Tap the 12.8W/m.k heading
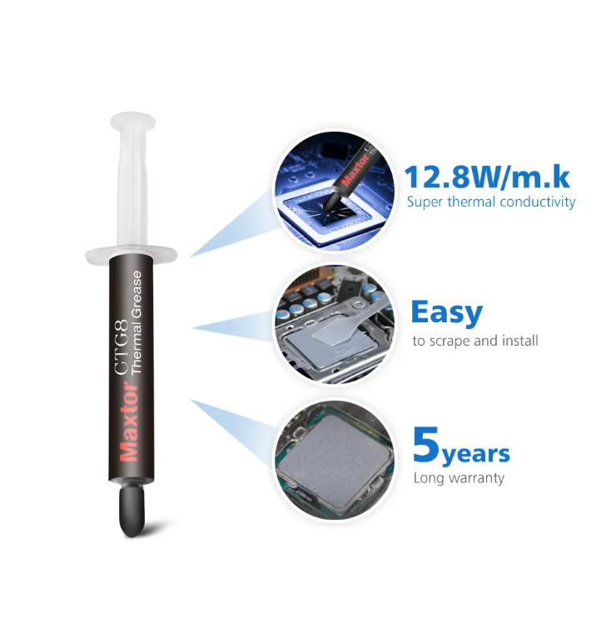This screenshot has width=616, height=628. coord(487,177)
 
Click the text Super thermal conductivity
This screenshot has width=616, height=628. coord(490,202)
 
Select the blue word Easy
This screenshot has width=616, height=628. coord(446,312)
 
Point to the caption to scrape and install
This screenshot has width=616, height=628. coord(475,341)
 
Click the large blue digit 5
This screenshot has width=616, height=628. coord(425,446)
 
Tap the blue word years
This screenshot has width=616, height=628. coord(475,455)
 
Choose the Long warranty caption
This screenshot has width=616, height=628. coord(459,478)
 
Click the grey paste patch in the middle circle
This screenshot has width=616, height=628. coord(334,333)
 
